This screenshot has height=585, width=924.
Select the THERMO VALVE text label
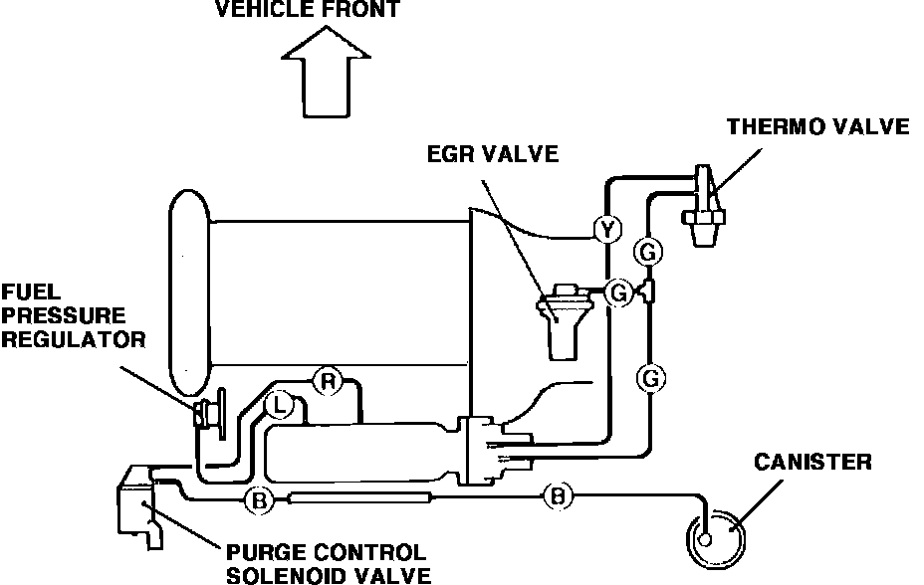817,126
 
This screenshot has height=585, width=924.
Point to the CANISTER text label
812,462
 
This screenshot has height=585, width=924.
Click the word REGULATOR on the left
73,339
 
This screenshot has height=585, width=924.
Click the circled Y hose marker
606,231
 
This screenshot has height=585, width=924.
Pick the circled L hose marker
281,405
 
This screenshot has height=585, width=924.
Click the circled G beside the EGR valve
618,292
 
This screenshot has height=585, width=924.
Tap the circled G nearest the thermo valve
648,253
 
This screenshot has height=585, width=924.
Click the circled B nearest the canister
559,494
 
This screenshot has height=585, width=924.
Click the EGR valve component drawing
566,316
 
